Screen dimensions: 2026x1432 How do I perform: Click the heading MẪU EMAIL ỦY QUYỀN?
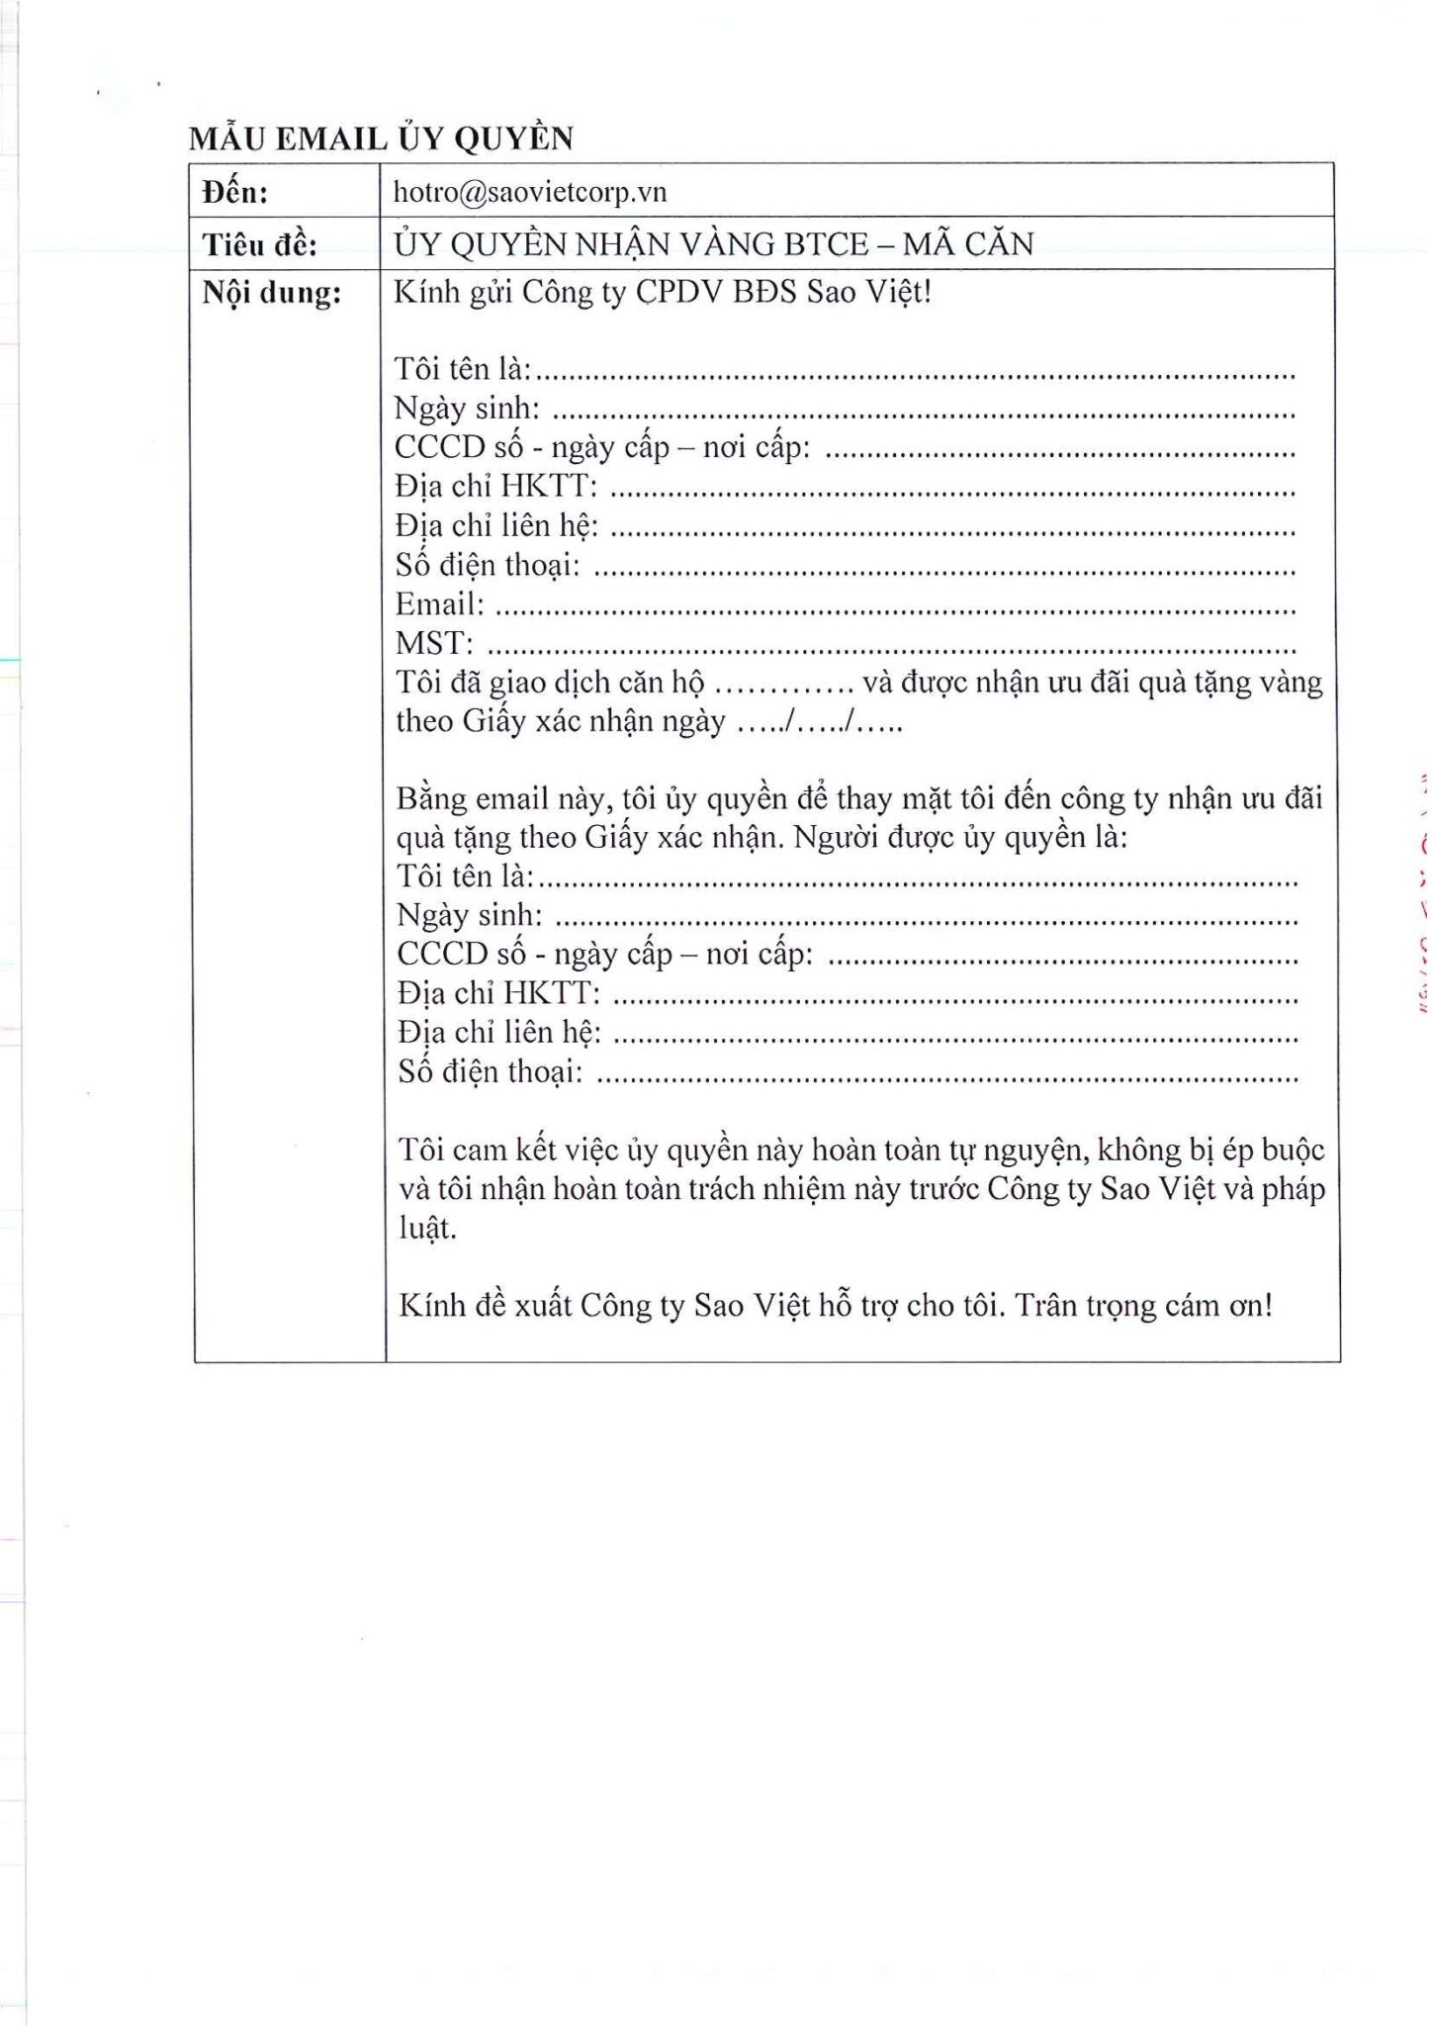click(381, 138)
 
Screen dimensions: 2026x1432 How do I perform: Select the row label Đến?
click(235, 192)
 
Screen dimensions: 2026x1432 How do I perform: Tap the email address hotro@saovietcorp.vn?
click(530, 192)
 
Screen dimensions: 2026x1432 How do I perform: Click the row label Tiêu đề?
click(259, 244)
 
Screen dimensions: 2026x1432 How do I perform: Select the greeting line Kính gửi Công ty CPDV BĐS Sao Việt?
click(663, 294)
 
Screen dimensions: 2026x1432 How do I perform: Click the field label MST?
click(433, 644)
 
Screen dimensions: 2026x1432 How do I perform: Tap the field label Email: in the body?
click(439, 604)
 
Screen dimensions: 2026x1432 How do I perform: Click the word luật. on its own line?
click(427, 1229)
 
